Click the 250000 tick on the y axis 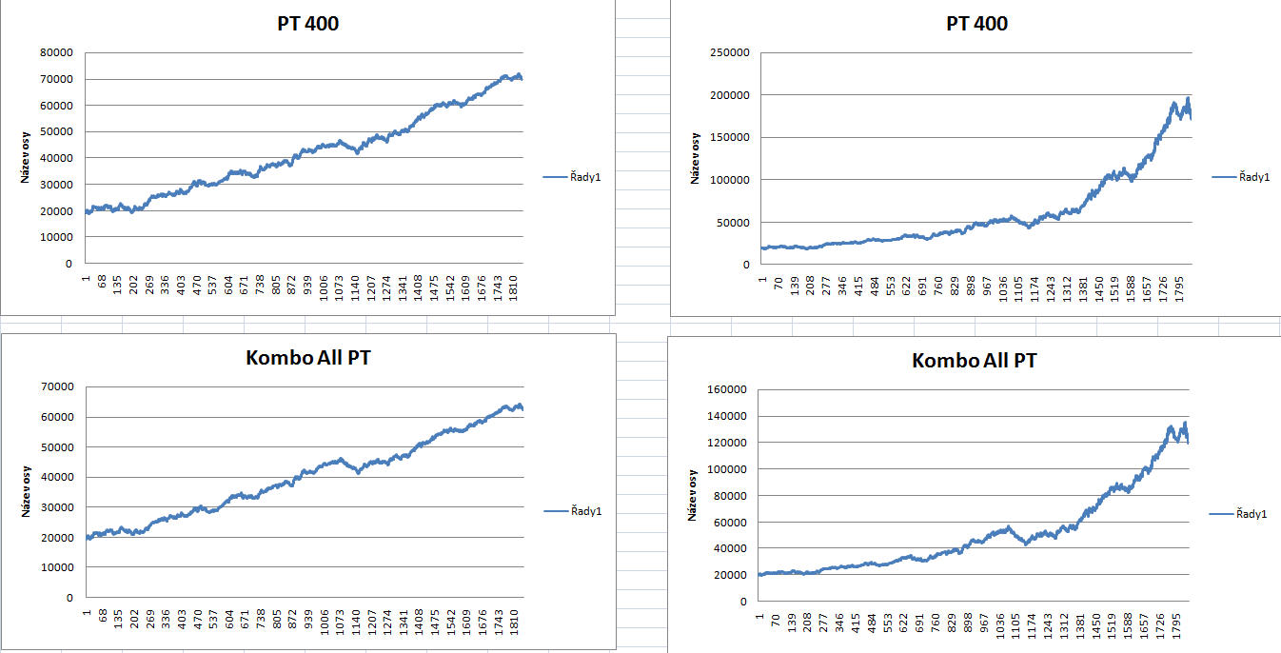(x=736, y=52)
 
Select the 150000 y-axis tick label (x=736, y=137)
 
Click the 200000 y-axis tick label (x=736, y=95)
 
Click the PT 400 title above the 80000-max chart (x=302, y=24)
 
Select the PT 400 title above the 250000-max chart (x=976, y=24)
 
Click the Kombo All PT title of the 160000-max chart (x=974, y=361)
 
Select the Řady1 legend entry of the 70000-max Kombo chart (x=573, y=512)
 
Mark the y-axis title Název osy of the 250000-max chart (x=696, y=158)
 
